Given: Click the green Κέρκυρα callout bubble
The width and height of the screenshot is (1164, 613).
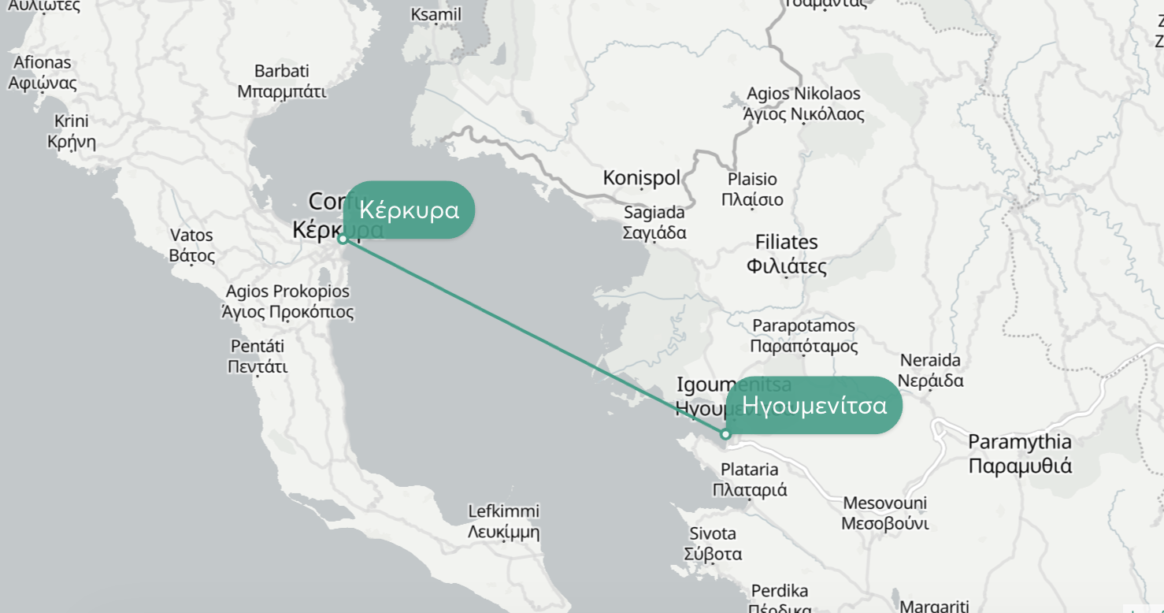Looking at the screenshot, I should point(409,210).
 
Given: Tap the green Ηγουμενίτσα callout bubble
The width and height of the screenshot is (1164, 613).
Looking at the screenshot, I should point(814,405).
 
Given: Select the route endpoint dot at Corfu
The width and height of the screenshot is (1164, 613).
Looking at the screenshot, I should point(343,239).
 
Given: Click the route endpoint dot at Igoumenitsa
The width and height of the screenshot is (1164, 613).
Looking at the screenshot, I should point(725,434).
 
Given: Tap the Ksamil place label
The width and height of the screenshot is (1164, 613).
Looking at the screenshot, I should point(436,15).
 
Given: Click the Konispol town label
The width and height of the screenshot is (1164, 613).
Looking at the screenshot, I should point(641,178).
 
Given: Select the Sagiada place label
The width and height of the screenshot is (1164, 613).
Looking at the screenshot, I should point(654,222).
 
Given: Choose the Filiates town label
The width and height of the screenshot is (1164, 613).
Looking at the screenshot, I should point(786,254).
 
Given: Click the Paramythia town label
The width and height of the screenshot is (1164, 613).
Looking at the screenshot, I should point(1020,453).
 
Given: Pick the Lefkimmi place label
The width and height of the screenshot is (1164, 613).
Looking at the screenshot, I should point(503,521).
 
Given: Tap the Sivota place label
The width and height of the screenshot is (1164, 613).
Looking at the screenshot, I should point(713,543).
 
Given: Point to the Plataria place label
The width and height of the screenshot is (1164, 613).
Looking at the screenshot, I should point(749,479).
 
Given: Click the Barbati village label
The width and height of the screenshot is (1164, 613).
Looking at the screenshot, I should point(281,81).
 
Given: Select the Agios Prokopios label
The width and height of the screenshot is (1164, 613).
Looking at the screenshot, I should point(287,302).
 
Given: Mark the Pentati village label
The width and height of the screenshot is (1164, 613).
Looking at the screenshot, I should point(258,356).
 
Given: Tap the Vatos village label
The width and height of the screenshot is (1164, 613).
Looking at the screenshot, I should point(191,245).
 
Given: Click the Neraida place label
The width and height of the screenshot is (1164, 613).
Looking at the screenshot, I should point(930,370).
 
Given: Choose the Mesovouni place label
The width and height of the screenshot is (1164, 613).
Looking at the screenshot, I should point(884,513).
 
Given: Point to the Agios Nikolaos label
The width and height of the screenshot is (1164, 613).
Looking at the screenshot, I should point(803,104).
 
